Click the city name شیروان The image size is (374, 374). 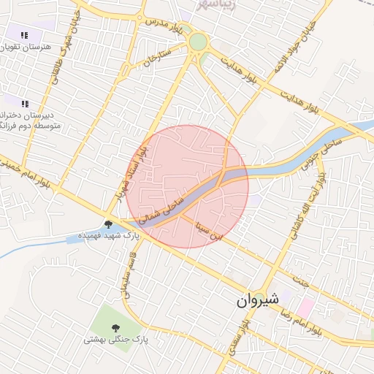click(256, 299)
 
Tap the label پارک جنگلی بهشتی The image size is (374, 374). click(115, 339)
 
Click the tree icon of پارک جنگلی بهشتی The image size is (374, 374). click(115, 327)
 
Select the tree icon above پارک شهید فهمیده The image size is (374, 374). click(109, 224)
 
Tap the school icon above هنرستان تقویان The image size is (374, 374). click(25, 34)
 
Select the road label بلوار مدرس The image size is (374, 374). click(163, 23)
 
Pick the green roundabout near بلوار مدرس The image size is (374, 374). click(198, 42)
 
